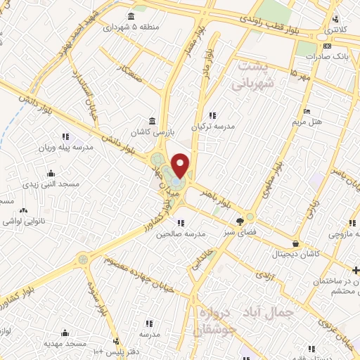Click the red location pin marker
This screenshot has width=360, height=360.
[x=181, y=166]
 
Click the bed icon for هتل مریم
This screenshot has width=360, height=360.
[x=306, y=111]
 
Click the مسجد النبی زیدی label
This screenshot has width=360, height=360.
[x=51, y=184]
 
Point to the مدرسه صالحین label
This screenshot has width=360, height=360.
[x=180, y=234]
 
